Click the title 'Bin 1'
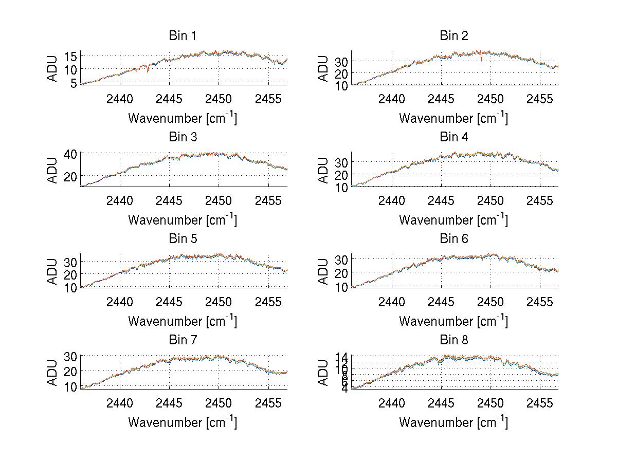pos(183,35)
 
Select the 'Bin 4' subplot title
pos(454,137)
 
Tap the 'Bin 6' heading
pos(454,238)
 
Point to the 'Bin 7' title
pos(183,340)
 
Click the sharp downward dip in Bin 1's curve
pos(148,71)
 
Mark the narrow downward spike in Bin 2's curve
pos(481,60)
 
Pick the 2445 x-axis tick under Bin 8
pos(441,403)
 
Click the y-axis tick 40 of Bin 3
pos(70,153)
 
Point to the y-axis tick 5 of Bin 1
pos(72,83)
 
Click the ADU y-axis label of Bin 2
pos(323,68)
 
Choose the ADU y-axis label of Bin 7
pos(52,373)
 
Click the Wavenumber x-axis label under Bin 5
pos(183,321)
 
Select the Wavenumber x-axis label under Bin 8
pos(454,422)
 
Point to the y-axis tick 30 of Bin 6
pos(342,259)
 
